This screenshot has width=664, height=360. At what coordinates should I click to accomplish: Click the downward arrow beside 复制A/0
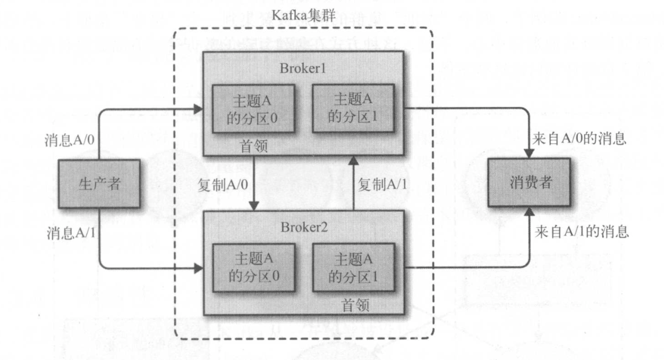(x=256, y=184)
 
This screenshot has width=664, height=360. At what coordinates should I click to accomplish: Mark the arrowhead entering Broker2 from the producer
(x=199, y=268)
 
